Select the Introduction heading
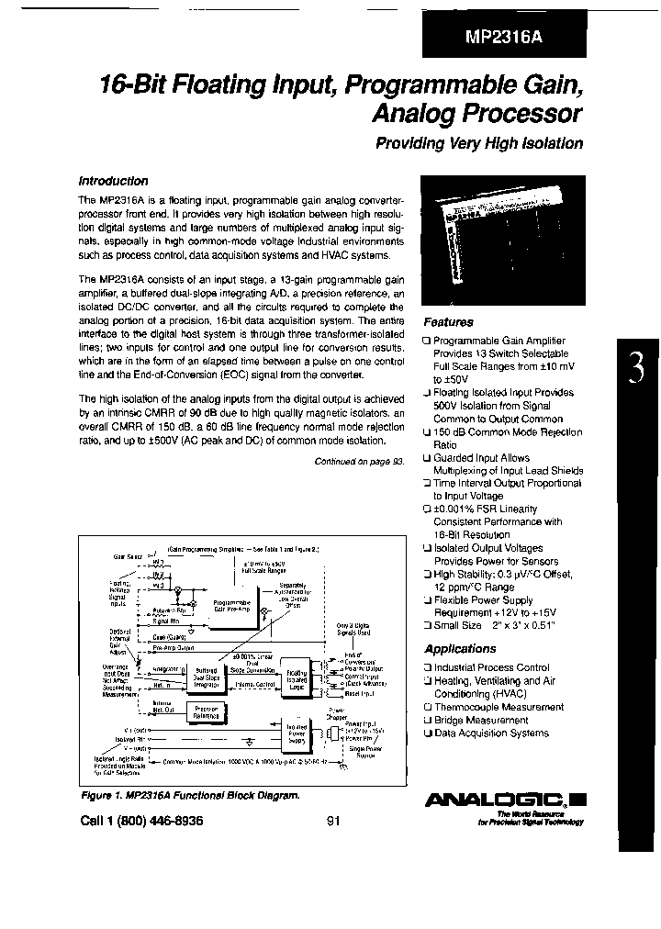[113, 181]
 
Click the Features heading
[448, 322]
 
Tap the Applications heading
[460, 649]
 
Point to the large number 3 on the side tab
[636, 369]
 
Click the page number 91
[333, 822]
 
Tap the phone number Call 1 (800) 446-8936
[141, 822]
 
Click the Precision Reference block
[205, 713]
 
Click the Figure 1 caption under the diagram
[189, 796]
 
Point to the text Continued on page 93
[359, 463]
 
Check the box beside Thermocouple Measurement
[427, 708]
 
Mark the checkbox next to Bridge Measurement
[427, 721]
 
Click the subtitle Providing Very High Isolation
[479, 143]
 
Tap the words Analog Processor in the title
[476, 114]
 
